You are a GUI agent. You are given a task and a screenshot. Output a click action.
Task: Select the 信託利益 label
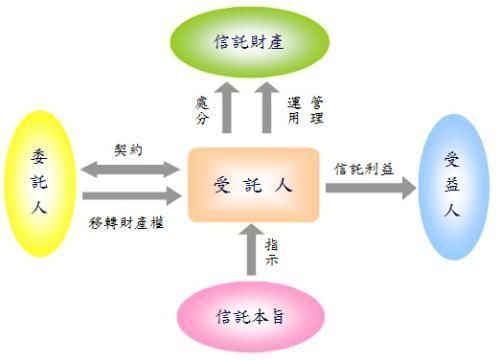pyautogui.click(x=362, y=167)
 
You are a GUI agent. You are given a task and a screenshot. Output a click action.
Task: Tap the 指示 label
pyautogui.click(x=272, y=251)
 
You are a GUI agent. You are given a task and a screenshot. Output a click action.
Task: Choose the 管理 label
pyautogui.click(x=318, y=110)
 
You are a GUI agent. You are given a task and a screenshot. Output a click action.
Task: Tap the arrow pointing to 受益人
pyautogui.click(x=369, y=187)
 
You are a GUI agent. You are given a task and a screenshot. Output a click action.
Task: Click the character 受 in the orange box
pyautogui.click(x=222, y=185)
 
